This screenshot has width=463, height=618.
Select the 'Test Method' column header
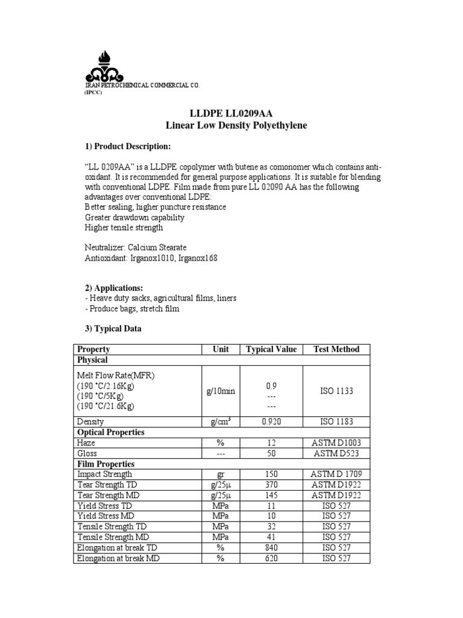click(336, 349)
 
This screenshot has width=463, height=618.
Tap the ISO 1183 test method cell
click(336, 422)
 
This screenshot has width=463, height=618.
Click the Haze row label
click(86, 442)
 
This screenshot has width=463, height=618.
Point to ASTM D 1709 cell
click(336, 474)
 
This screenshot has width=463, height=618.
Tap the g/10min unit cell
click(221, 391)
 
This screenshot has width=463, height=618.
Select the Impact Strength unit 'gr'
click(221, 474)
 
